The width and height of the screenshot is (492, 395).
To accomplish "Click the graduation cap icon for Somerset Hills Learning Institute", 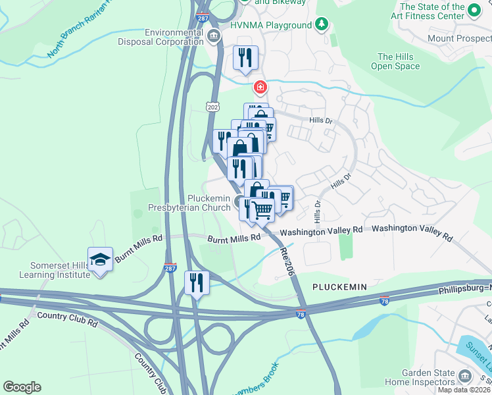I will tap(100, 260).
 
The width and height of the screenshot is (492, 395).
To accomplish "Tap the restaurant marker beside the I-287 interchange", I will tap(197, 283).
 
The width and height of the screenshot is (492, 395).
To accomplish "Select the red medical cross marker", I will tap(261, 87).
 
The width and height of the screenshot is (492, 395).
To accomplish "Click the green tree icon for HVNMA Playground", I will tap(321, 25).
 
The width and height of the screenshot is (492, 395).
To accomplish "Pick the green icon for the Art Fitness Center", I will tap(473, 11).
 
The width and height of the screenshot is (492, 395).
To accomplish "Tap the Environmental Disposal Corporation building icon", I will tap(213, 35).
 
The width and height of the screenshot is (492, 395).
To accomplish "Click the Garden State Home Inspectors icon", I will tap(466, 376).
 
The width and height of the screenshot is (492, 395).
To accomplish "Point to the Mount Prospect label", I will tap(459, 38).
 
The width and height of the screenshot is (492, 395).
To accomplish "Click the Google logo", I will tap(22, 387).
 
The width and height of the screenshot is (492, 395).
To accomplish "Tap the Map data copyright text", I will tap(463, 390).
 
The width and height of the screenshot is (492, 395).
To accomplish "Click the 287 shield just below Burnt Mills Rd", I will tap(170, 268).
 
